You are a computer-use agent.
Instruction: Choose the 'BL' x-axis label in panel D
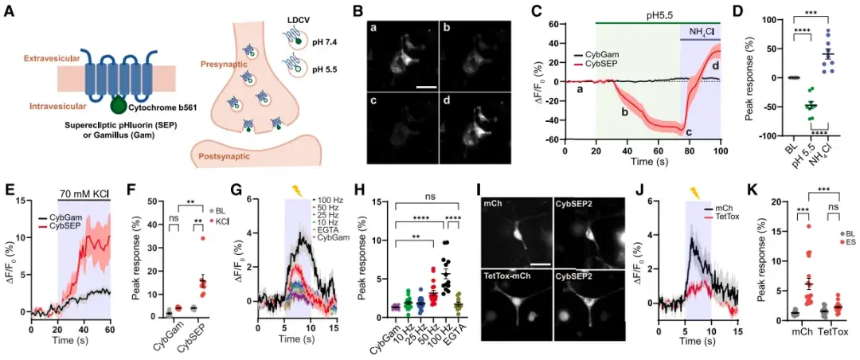[x=791, y=149]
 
